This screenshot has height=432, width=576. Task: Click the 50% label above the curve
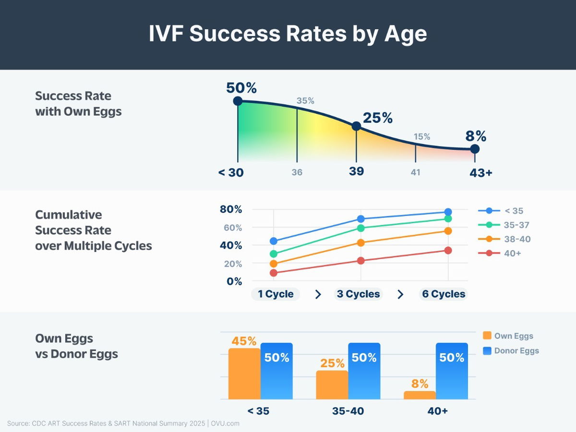tap(241, 88)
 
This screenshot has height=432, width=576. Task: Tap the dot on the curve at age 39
tap(356, 126)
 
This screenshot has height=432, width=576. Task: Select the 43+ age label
tap(480, 173)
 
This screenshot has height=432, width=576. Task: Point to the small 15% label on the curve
tap(422, 137)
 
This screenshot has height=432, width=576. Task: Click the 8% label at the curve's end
tap(475, 136)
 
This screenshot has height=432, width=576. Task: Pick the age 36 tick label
tap(297, 172)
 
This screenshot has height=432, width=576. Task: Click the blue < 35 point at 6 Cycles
tap(448, 212)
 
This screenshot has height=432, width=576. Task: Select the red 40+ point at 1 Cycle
tap(274, 273)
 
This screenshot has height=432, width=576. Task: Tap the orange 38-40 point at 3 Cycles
tap(361, 243)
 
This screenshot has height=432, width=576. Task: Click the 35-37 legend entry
tap(504, 225)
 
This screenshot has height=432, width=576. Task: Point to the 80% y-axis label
tap(231, 209)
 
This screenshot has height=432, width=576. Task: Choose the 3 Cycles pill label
tap(358, 294)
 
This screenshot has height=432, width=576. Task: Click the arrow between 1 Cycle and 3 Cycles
tap(318, 295)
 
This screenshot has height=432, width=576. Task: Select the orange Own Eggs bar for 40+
tap(420, 395)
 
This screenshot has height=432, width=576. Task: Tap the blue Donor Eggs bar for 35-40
tap(364, 371)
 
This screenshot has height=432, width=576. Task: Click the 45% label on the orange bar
tap(244, 341)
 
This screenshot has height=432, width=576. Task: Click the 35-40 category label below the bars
tap(348, 411)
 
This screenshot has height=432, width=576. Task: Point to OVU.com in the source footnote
tap(225, 423)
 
